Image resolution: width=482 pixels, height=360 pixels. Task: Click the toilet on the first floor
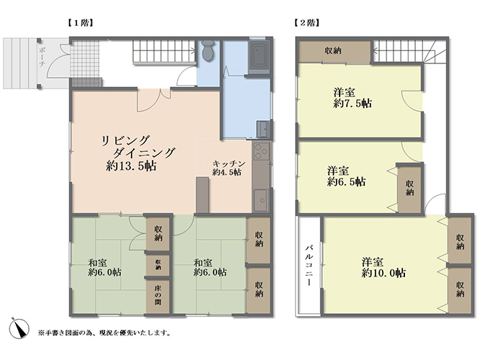pos(209,50)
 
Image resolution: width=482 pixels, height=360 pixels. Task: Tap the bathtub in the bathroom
pos(259,57)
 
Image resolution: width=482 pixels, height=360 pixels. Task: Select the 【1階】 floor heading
pos(81,23)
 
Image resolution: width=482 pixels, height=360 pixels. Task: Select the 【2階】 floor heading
pos(306,23)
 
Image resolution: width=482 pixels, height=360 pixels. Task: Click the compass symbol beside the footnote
pos(19,328)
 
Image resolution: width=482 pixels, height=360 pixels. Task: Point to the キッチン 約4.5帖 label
pos(229,168)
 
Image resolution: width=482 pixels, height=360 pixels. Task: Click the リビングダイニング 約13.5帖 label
pos(138,153)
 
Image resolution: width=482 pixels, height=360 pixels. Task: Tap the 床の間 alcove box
pos(158,296)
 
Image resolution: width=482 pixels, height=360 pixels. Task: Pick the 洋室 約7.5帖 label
pos(353,98)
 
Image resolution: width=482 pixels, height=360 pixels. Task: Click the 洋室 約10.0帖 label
pos(383,268)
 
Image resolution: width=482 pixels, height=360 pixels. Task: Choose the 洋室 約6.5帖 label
pos(346,176)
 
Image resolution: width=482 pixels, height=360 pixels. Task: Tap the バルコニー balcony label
pos(309,265)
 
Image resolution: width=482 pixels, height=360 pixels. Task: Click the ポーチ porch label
pos(42,58)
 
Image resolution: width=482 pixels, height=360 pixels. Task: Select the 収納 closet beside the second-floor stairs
pos(335,51)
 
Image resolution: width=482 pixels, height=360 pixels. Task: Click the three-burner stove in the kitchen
pos(261,151)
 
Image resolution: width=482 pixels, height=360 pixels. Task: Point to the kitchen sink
pos(261,200)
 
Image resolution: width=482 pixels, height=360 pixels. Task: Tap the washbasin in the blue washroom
pos(263,129)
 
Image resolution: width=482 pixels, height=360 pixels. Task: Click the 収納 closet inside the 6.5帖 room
pos(409,189)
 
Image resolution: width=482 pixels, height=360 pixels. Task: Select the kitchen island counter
pos(202,195)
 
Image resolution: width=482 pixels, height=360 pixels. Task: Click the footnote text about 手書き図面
pos(104,333)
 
